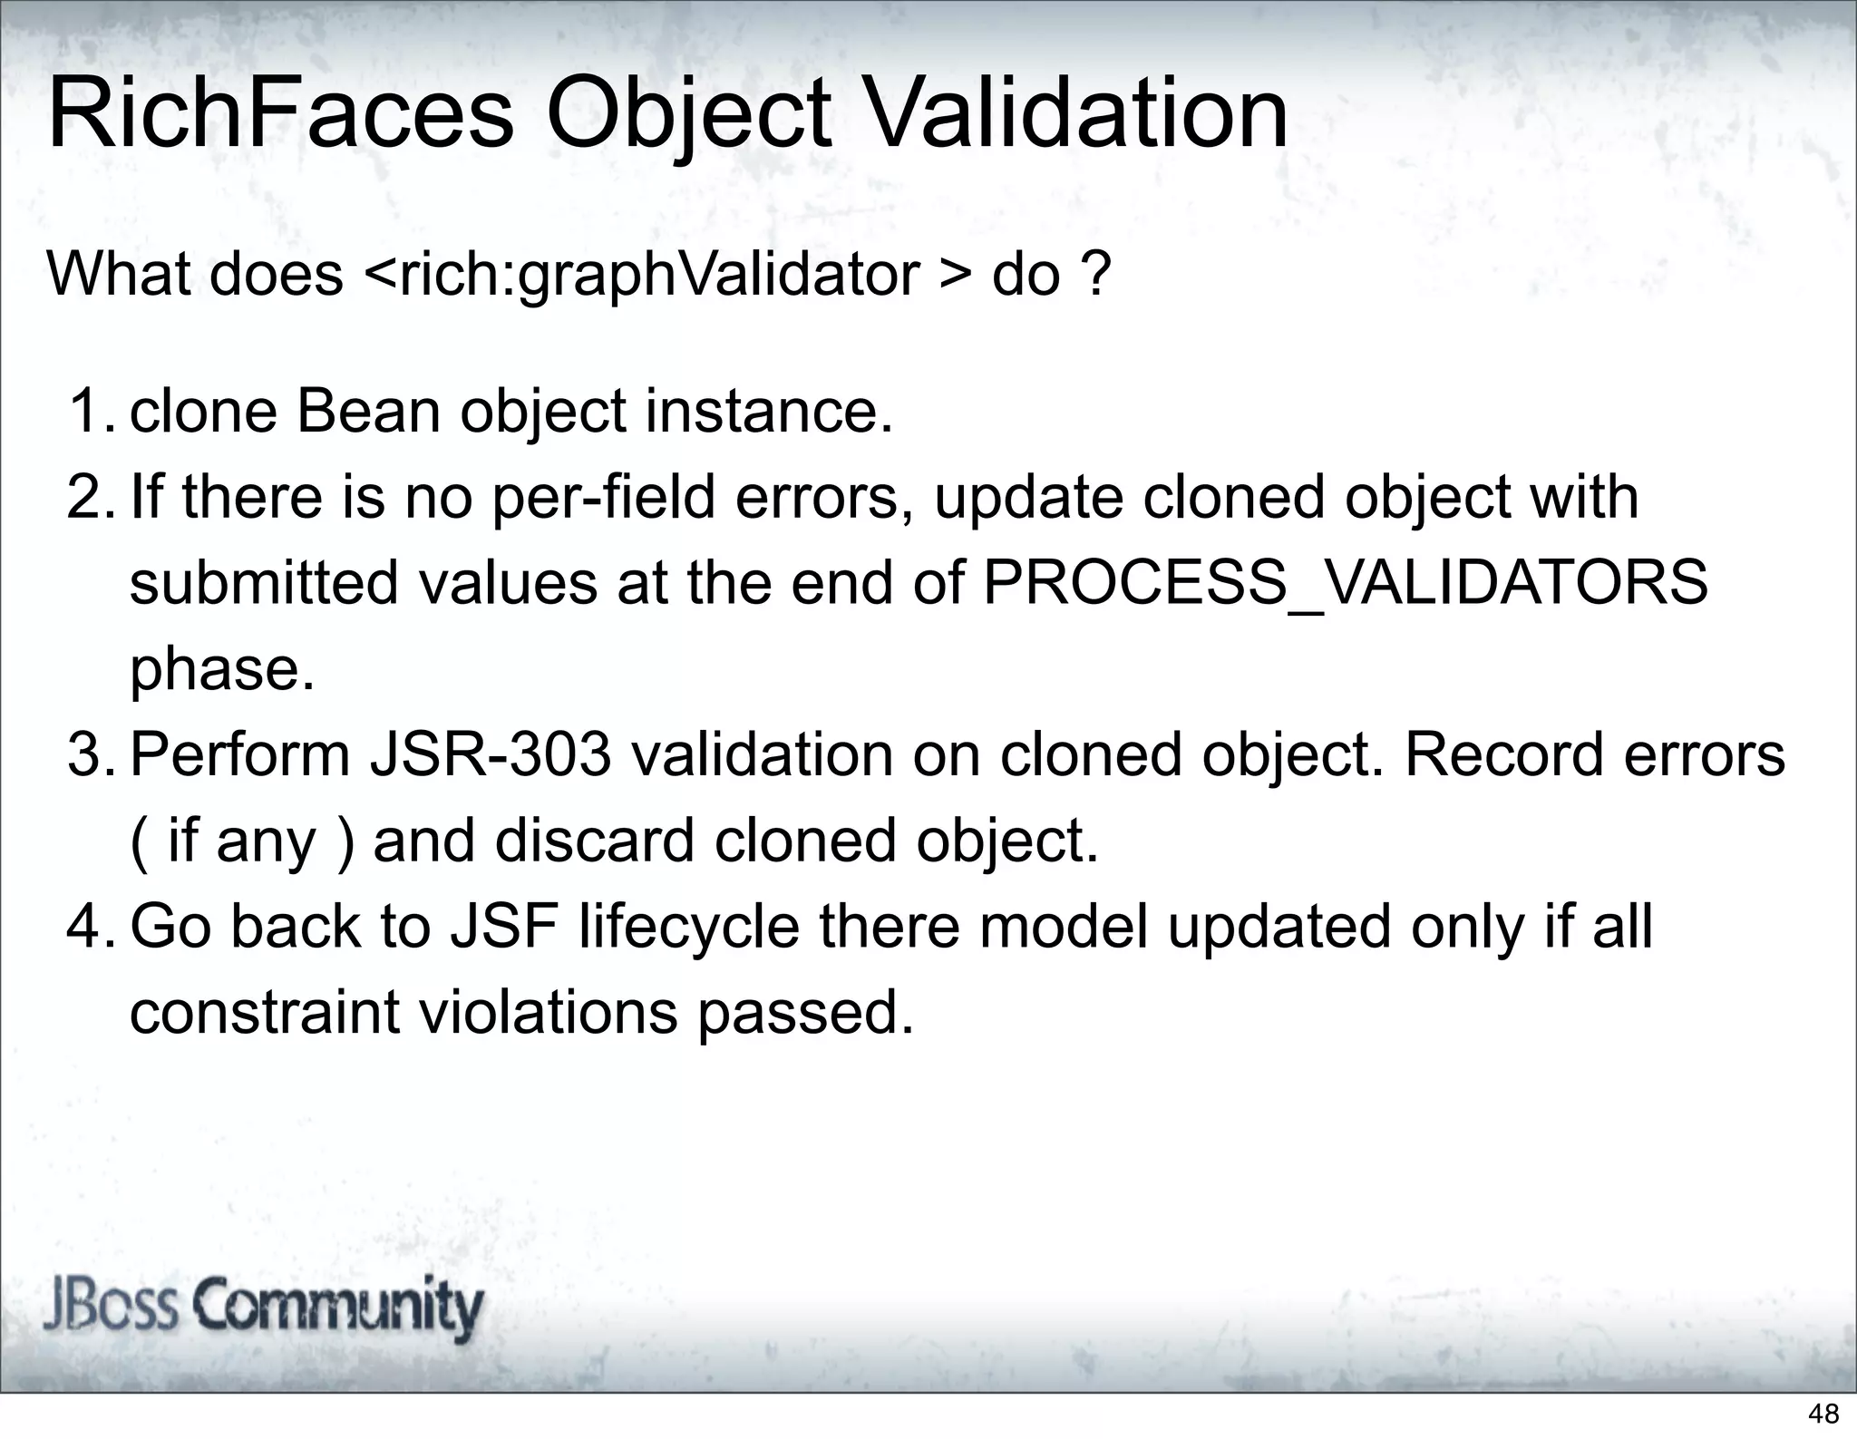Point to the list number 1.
pos(91,411)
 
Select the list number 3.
pos(91,754)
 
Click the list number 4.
pos(91,927)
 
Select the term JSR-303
pos(490,754)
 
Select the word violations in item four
pos(547,1012)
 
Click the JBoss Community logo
pos(263,1308)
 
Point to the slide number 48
pos(1823,1413)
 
